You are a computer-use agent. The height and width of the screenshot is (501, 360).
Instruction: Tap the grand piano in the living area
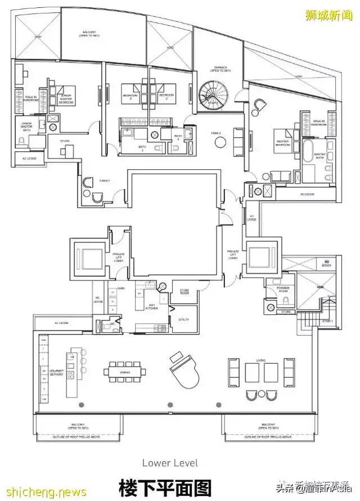point(182,371)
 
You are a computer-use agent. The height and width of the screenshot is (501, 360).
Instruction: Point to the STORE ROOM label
point(184,291)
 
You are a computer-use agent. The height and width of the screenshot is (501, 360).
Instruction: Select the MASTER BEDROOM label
point(282,145)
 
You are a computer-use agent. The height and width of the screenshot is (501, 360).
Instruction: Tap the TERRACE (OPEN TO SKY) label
point(219,70)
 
